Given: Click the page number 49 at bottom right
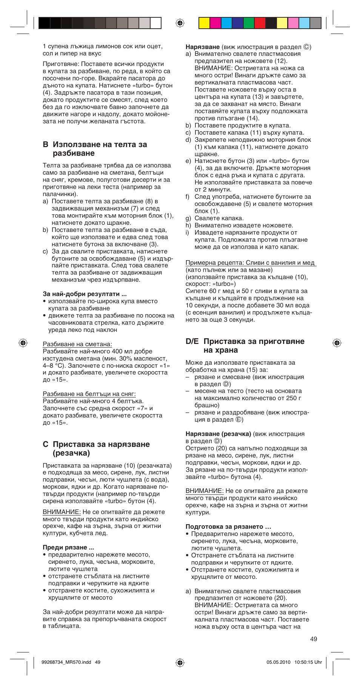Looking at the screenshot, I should [314, 639].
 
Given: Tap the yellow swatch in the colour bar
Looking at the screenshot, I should [204, 23].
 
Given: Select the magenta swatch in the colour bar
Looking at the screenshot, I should [215, 23].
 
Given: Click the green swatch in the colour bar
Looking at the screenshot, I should [249, 23].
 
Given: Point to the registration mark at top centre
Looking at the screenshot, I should [180, 23].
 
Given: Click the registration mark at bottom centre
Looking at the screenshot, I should [180, 662].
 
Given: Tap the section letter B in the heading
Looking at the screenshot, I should [46, 144].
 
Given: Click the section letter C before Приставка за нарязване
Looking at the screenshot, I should [46, 444].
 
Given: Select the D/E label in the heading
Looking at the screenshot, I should [192, 341].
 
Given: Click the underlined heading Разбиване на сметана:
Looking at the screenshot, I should [77, 344].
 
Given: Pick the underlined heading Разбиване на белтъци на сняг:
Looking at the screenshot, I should [89, 394].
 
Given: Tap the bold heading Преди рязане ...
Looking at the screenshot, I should [68, 547].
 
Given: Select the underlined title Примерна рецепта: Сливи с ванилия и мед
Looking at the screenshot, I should [251, 262].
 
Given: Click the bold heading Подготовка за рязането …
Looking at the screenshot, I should [228, 526].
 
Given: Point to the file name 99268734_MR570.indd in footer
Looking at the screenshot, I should [66, 662].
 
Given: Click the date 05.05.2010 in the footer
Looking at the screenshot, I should [278, 662].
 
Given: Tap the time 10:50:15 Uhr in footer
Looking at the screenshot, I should [308, 662].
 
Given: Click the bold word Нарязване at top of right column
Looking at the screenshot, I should [203, 47].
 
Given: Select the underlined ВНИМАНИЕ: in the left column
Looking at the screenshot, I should [62, 512].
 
